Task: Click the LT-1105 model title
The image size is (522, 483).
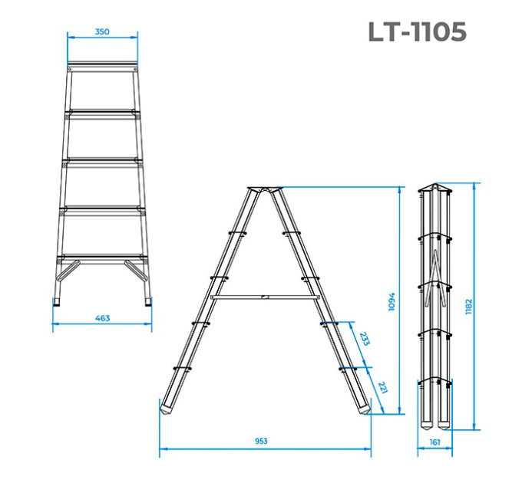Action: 418,31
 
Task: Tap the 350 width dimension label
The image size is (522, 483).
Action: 102,31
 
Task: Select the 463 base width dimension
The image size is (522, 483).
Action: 102,318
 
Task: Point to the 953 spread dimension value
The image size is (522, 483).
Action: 261,441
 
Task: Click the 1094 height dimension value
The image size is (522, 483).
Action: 391,301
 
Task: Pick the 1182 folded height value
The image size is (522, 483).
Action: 469,307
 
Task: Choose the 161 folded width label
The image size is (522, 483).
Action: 434,442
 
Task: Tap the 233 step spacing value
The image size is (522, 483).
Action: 365,339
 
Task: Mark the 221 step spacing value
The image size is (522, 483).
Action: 383,387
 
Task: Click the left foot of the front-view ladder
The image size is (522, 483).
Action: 57,301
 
